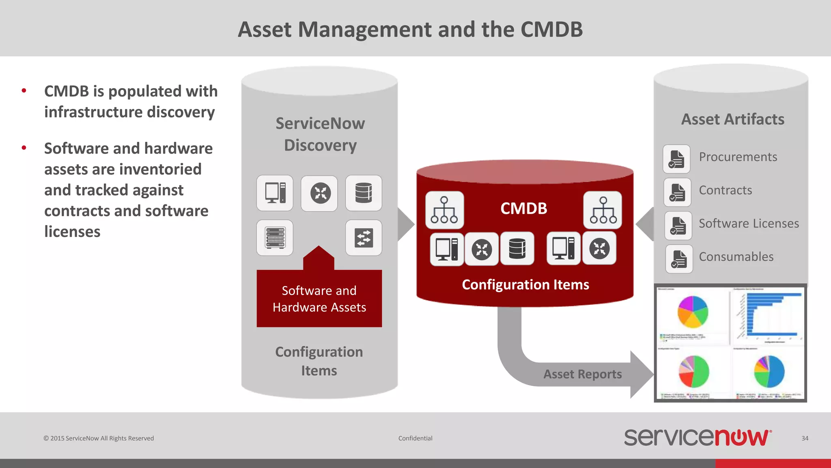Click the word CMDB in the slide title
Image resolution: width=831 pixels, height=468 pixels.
pos(551,30)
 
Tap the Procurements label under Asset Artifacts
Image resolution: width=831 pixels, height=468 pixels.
pos(738,157)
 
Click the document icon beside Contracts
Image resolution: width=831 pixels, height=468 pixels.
pos(677,192)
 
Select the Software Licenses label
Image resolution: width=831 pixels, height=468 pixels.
pos(749,223)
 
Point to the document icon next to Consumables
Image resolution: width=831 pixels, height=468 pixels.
pos(679,259)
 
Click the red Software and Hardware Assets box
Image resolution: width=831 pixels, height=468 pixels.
pos(319,299)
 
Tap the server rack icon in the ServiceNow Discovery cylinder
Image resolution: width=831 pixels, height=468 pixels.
pos(275,238)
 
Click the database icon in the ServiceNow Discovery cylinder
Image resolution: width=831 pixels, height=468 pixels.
pos(364,193)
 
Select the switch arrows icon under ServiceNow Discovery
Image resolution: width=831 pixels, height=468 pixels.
pos(364,238)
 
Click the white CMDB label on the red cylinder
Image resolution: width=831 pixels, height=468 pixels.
pos(523,208)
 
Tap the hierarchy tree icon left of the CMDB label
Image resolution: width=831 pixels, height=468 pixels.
pos(444,210)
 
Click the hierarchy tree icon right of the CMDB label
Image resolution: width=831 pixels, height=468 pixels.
pos(603,210)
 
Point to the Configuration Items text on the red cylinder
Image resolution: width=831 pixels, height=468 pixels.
pos(525,285)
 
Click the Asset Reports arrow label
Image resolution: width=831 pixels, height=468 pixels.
pos(582,374)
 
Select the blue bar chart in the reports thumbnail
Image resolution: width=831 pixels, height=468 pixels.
pos(767,315)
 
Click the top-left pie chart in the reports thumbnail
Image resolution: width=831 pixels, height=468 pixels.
pos(693,312)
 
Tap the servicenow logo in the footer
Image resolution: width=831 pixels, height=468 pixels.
pos(698,438)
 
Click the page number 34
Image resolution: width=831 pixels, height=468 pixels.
pos(805,438)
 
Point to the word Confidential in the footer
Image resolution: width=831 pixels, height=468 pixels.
pos(415,438)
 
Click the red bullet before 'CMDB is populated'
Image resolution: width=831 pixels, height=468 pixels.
pos(24,91)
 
